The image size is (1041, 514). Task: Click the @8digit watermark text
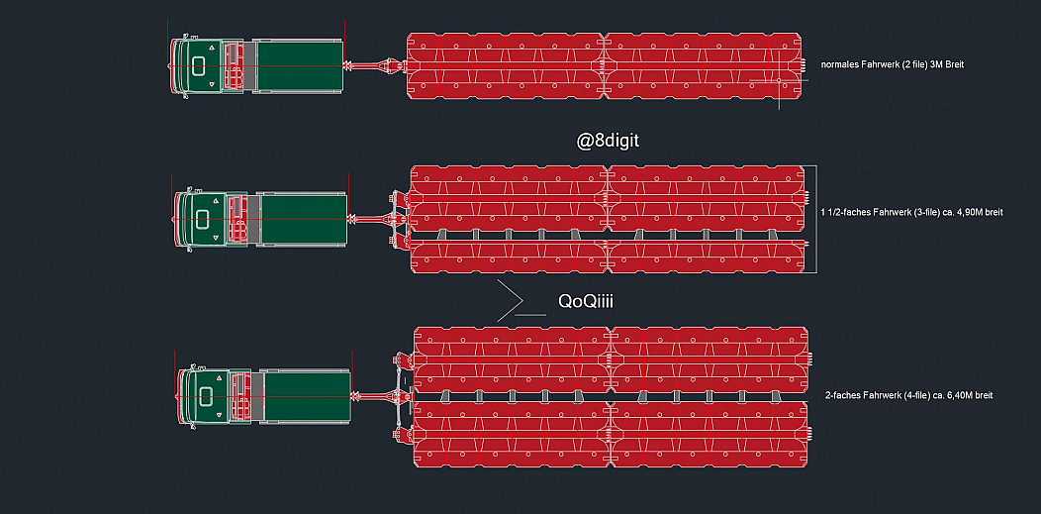point(609,141)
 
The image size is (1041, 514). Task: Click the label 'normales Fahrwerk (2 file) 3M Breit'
point(892,64)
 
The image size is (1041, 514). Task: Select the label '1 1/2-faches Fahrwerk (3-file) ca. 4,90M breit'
point(911,212)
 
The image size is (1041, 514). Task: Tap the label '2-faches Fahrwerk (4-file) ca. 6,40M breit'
point(908,395)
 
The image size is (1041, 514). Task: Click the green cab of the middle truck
point(208,219)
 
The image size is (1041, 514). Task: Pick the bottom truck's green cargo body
point(307,396)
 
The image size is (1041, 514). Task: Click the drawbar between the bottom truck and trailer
point(376,397)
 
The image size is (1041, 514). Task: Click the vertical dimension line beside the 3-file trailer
point(814,218)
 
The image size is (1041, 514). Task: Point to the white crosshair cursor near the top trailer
point(780,79)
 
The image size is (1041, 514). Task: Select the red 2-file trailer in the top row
point(605,66)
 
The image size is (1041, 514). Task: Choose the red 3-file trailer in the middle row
point(608,219)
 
